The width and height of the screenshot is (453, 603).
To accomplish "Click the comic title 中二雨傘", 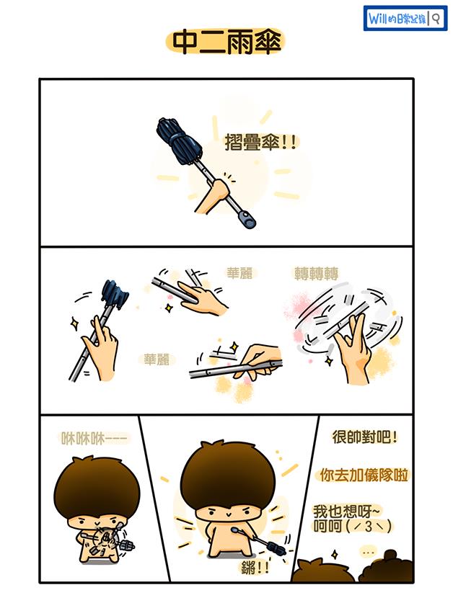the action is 226,43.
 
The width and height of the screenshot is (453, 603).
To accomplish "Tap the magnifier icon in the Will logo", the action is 436,19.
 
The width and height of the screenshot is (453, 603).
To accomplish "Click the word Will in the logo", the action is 378,19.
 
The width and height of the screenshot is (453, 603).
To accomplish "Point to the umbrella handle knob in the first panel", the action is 247,219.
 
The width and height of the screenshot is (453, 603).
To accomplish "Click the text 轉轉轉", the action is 316,274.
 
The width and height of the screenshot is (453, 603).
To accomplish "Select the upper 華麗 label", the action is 239,273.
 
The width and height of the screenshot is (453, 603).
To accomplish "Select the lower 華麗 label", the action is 157,359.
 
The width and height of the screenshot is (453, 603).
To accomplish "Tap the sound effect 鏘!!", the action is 255,568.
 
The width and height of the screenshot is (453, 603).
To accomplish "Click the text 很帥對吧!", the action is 364,437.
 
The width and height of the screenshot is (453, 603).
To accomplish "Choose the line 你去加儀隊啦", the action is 364,475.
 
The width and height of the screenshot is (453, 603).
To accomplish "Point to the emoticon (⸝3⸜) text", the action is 369,526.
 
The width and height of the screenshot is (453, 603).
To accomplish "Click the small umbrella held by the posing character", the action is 265,542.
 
